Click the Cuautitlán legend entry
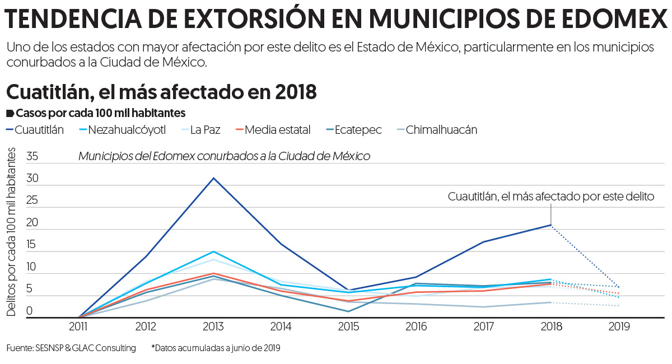tap(39, 130)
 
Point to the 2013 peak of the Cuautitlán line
tap(213, 178)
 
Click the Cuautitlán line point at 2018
tap(551, 225)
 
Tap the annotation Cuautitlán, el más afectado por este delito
tap(551, 197)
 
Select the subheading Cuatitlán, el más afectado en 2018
tap(161, 91)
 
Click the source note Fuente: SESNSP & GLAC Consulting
tap(71, 348)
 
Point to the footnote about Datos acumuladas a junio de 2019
tap(216, 348)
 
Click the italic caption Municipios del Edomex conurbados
tap(224, 156)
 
